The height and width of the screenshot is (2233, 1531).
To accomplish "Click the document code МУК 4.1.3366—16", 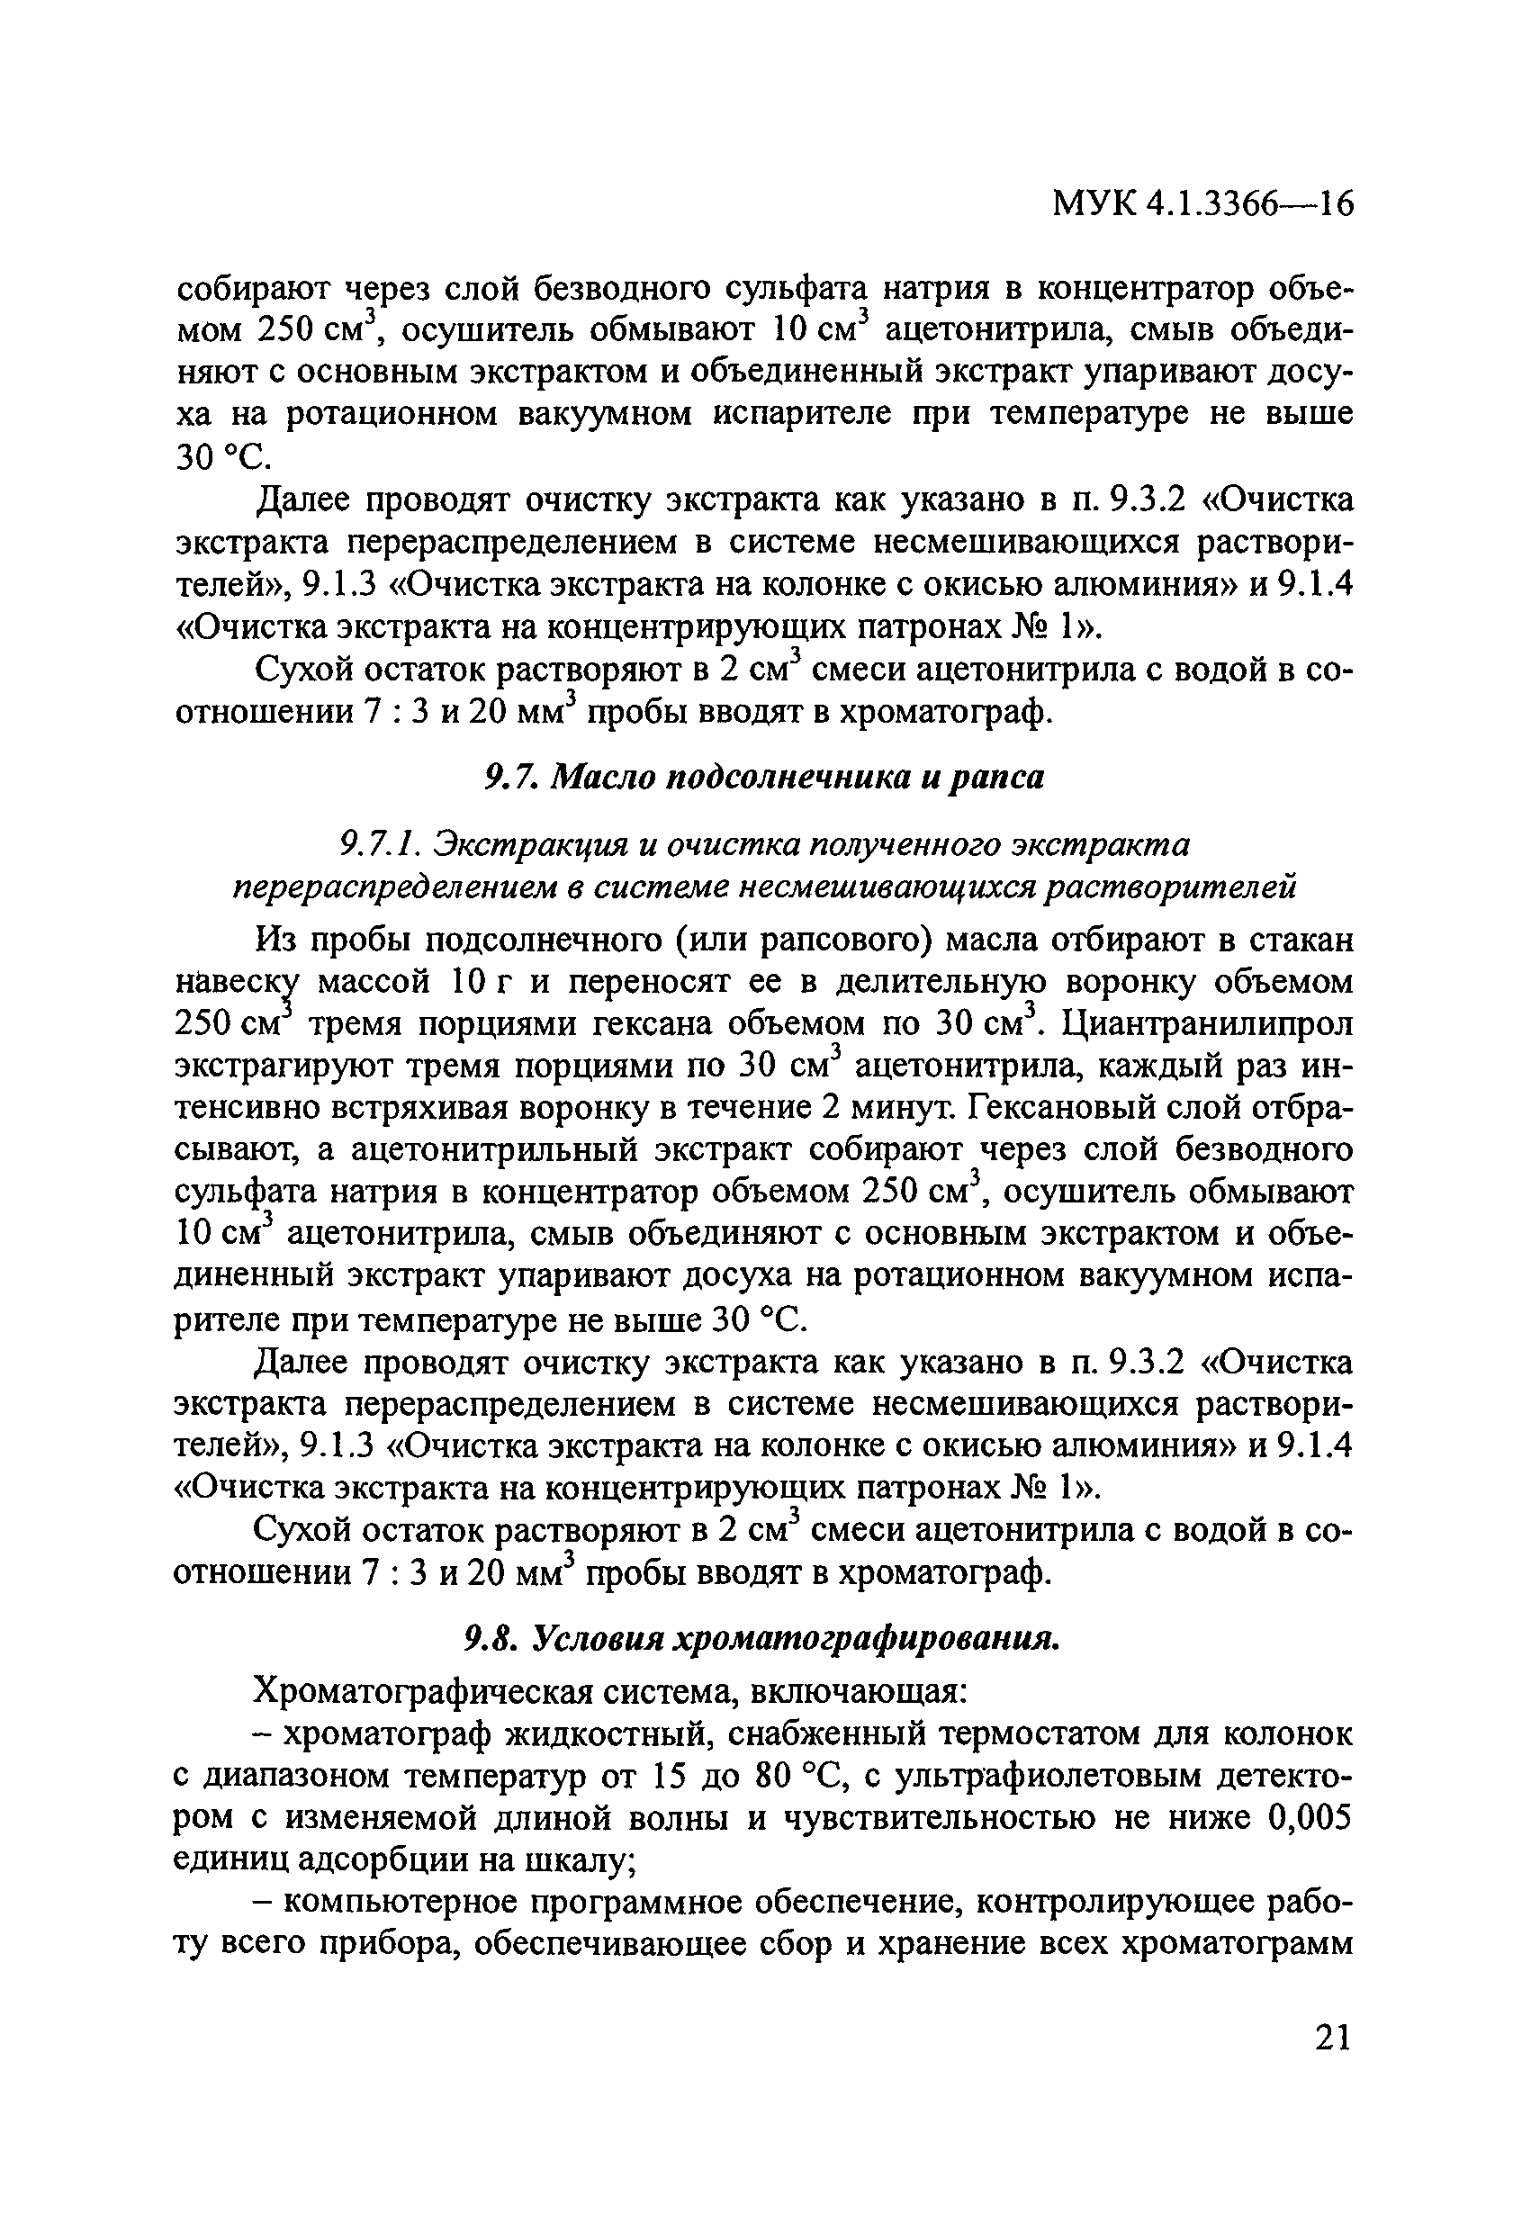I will pos(1202,203).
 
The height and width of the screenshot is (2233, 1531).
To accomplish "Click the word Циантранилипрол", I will pos(1208,1024).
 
